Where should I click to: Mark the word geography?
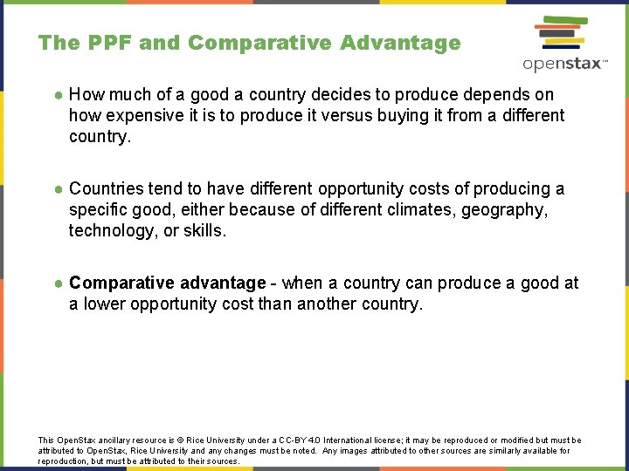[507, 209]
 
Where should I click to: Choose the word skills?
[205, 230]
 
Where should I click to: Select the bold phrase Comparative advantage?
[167, 283]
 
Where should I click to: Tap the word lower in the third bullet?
[102, 304]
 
